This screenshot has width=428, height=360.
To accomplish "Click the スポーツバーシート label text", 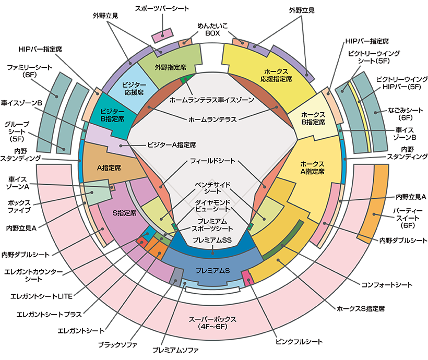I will coord(162,9).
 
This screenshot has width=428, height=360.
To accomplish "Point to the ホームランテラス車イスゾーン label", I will coord(211,99).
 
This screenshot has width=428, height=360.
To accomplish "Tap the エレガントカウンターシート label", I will coord(33,275).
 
